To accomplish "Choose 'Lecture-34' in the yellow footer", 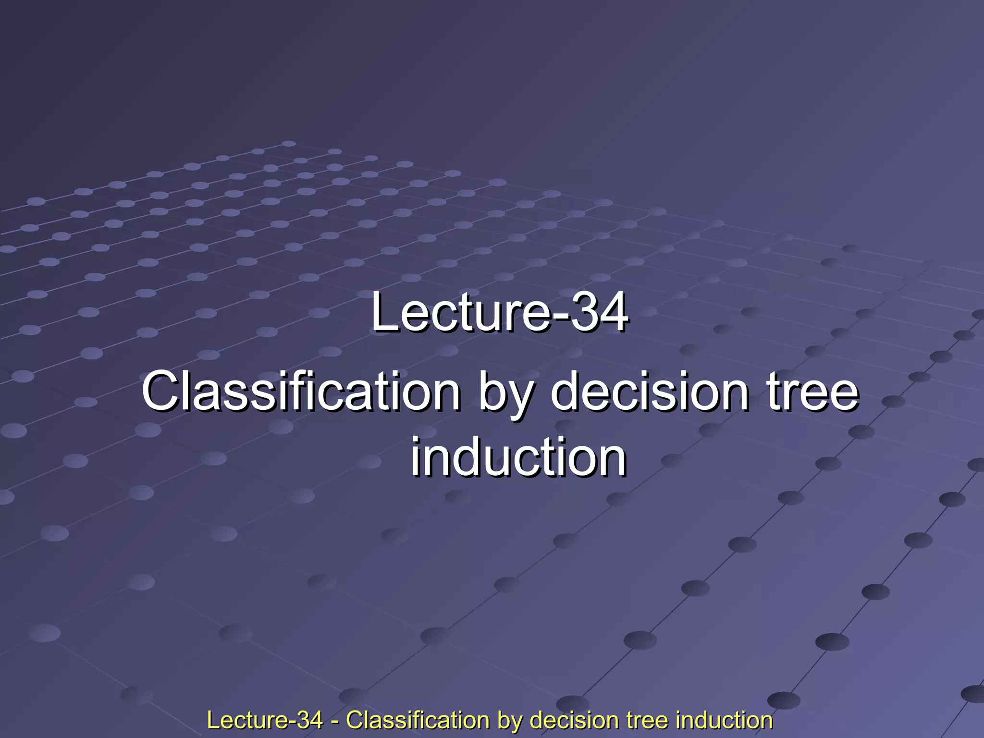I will [265, 720].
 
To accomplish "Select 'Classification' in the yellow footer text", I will [418, 720].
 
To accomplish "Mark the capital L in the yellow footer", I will [211, 720].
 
